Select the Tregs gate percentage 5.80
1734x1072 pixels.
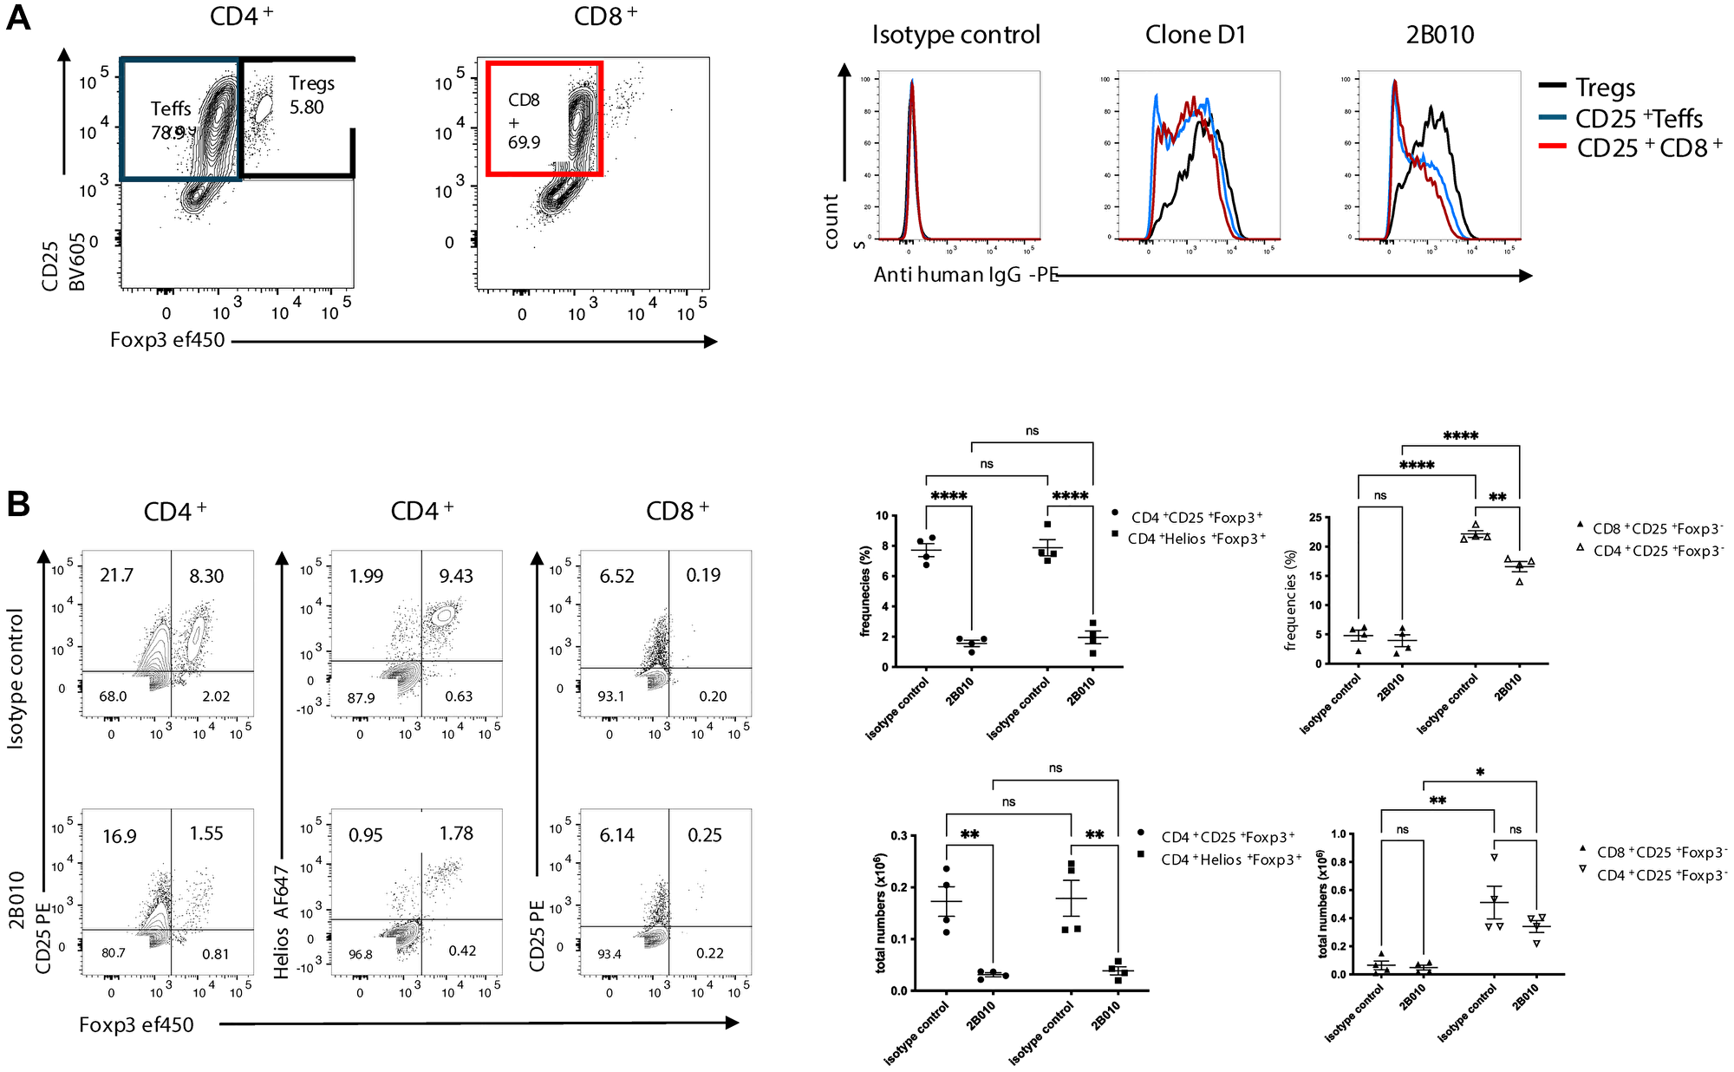[x=307, y=108]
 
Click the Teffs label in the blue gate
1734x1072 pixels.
[x=171, y=108]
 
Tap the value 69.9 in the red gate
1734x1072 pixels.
[x=524, y=142]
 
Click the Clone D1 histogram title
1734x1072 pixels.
[x=1195, y=35]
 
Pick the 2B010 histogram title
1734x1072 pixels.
[x=1439, y=35]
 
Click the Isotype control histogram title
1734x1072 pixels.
[x=955, y=35]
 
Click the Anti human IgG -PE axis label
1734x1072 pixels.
[x=966, y=275]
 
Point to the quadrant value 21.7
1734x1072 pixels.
[x=117, y=575]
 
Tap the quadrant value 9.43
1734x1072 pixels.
[x=456, y=576]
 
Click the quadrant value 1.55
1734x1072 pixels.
[x=206, y=833]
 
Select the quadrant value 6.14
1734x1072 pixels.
[x=617, y=835]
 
